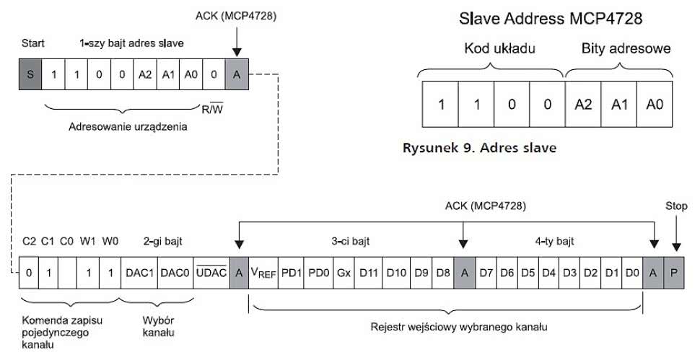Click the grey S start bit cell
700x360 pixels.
coord(30,75)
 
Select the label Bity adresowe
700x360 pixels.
coord(625,50)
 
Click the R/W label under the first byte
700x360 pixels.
coord(211,110)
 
